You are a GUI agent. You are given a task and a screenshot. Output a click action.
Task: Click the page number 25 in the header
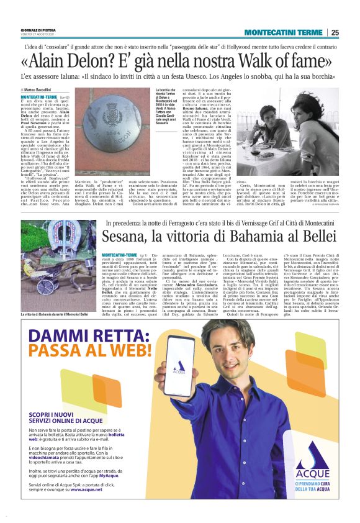(335, 32)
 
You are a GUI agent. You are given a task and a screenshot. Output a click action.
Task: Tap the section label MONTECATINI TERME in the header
(283, 32)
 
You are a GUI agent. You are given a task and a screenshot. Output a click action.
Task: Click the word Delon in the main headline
(91, 61)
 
